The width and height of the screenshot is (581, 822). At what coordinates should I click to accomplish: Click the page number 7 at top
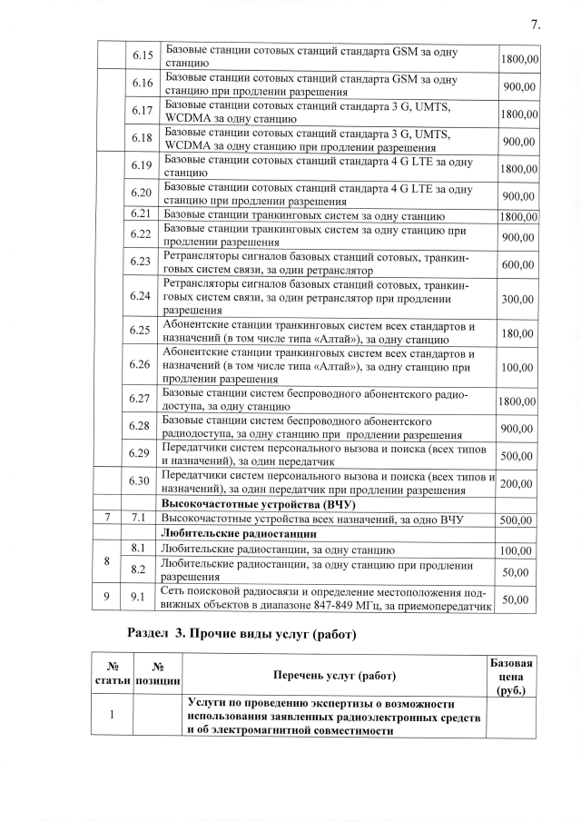click(535, 25)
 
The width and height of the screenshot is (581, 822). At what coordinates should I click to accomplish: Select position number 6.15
click(141, 56)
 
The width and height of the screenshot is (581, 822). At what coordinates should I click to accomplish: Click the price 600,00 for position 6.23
click(517, 264)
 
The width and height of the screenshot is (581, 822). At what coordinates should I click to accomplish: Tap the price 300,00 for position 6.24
click(517, 299)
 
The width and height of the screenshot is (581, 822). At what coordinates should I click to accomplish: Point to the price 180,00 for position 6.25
click(517, 333)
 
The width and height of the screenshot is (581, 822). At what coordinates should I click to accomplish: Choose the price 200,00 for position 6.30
click(517, 484)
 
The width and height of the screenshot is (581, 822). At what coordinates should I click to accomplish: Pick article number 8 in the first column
click(108, 560)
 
